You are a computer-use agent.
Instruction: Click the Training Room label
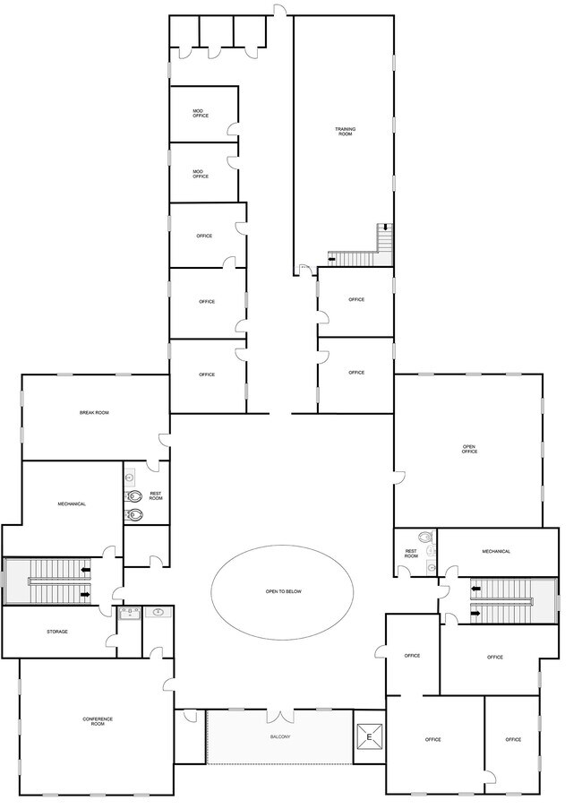point(346,132)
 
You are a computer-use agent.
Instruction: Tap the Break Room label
point(94,413)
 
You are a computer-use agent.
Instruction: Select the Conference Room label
point(98,721)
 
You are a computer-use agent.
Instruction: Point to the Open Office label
point(469,449)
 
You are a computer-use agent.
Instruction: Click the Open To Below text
point(284,591)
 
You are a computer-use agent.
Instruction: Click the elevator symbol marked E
point(369,736)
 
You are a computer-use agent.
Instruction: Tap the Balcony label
point(280,736)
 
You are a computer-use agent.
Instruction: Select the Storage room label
point(57,632)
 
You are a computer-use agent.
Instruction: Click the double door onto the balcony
point(280,716)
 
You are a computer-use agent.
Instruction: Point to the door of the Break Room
point(164,440)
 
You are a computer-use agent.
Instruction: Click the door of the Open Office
point(399,478)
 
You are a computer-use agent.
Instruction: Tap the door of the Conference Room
point(169,684)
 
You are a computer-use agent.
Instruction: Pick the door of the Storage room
point(111,641)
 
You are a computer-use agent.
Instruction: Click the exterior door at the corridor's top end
point(279,11)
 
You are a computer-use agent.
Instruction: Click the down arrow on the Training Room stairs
point(384,227)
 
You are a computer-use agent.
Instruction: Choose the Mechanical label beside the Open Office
point(496,552)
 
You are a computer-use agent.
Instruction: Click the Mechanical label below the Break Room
point(72,504)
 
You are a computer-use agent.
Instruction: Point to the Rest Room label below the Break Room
point(156,495)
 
